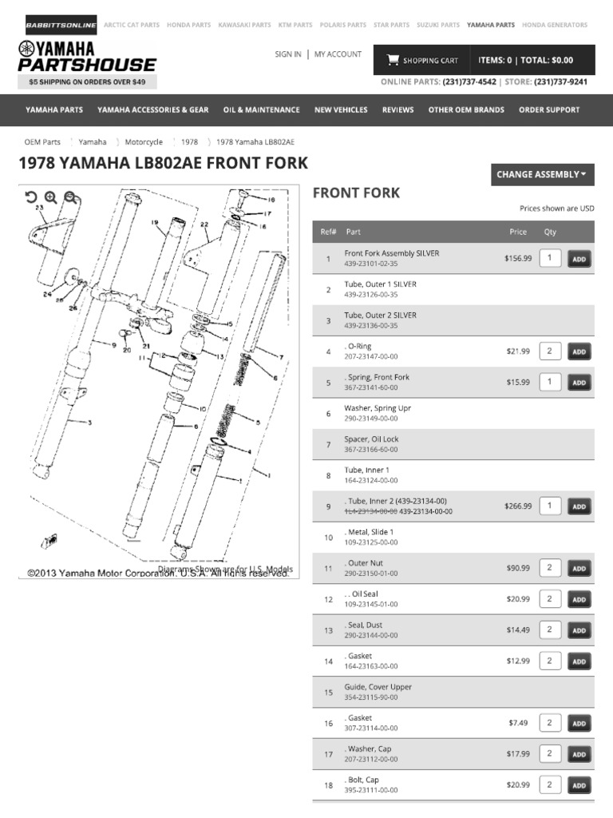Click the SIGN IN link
(x=287, y=54)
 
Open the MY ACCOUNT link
(x=338, y=54)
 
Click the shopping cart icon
(x=393, y=60)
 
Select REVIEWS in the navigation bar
(x=397, y=110)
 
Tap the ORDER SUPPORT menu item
(x=549, y=110)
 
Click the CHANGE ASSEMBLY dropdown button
(x=542, y=174)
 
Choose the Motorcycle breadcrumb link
(x=144, y=142)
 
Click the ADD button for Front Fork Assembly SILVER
(x=579, y=259)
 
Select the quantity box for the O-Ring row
(x=550, y=351)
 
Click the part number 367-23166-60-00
(x=371, y=450)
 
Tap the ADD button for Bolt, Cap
(x=579, y=786)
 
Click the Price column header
(x=518, y=232)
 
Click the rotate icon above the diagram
(x=31, y=197)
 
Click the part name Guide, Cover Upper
(x=378, y=687)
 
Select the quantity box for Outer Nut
(x=550, y=568)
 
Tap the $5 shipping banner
(x=87, y=81)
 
